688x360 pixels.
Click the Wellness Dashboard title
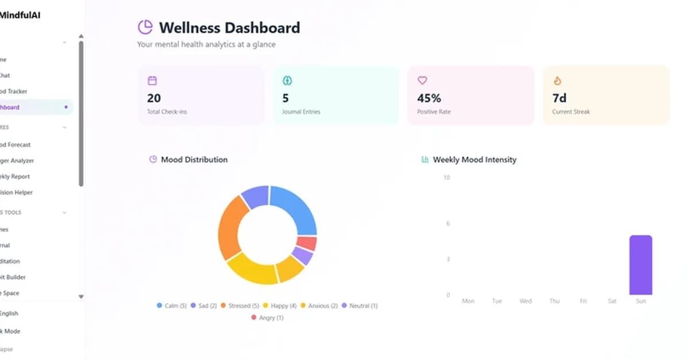coord(229,28)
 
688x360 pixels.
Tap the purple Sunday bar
coord(640,265)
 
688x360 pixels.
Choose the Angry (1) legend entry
coord(267,318)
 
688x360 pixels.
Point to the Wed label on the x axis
coord(525,301)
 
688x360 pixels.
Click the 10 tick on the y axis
coord(447,178)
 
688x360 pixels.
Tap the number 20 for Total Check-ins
coord(154,98)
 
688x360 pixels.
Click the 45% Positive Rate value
coord(429,98)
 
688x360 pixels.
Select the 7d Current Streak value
coord(560,98)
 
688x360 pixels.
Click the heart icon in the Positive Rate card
coord(423,81)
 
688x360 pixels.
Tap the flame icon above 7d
coord(557,81)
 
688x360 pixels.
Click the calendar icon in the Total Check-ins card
coord(152,81)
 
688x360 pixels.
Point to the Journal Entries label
coord(301,112)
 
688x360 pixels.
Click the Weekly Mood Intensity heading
coord(474,160)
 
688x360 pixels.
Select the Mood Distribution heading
coord(194,160)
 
